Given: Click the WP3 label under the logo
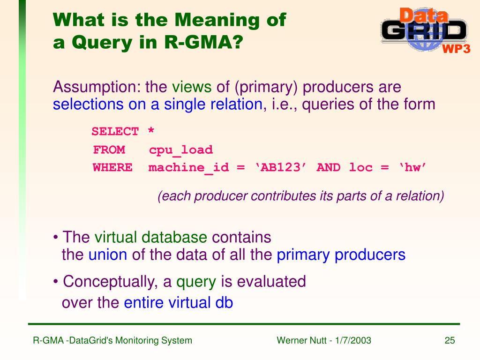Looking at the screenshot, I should coord(456,49).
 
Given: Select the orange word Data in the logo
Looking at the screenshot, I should coord(423,15).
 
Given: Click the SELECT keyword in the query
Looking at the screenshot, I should coord(115,132).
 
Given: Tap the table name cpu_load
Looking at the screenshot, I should coord(181,150).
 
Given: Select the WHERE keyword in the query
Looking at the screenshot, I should coord(112,168).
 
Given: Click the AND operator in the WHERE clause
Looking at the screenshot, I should coord(329,168).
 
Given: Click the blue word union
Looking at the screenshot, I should coord(108,255).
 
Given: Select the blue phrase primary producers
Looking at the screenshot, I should coord(341,255).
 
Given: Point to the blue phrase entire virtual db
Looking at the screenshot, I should coord(178,303).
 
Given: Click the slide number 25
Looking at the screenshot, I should coord(450,341).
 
